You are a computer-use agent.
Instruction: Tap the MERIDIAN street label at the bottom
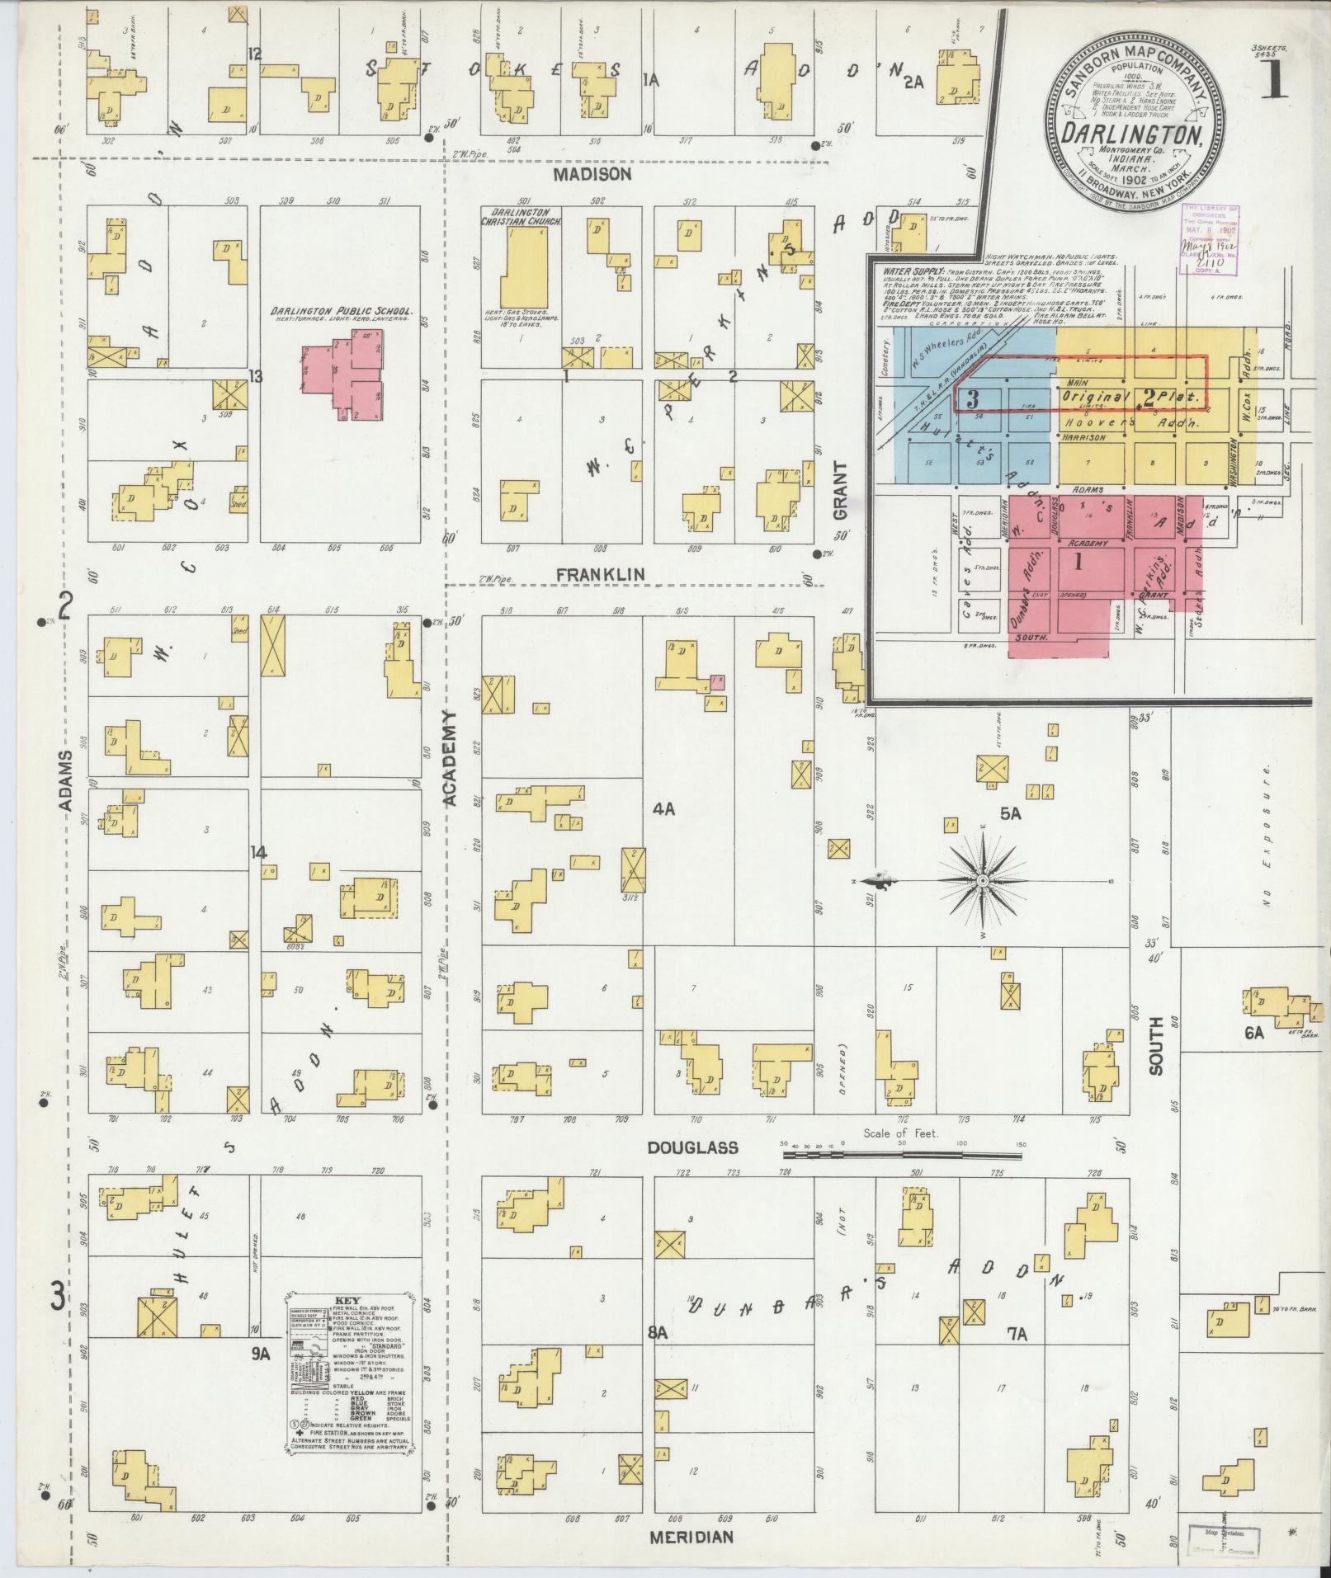(691, 1537)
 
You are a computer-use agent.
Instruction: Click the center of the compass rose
(983, 881)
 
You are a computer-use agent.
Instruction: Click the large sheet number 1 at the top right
(1276, 81)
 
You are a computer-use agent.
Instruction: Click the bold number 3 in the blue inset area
(972, 399)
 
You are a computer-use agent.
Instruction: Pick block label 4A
(664, 810)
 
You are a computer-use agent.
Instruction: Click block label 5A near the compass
(1011, 814)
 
